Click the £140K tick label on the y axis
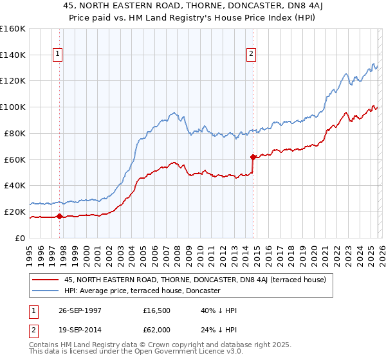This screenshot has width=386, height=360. tap(13, 55)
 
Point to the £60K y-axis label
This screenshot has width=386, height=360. tap(15, 159)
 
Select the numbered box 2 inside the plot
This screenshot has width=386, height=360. tap(251, 55)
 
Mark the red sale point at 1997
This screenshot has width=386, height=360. tap(60, 216)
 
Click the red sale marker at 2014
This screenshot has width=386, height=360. tap(253, 156)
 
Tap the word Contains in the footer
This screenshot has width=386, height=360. tap(44, 345)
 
